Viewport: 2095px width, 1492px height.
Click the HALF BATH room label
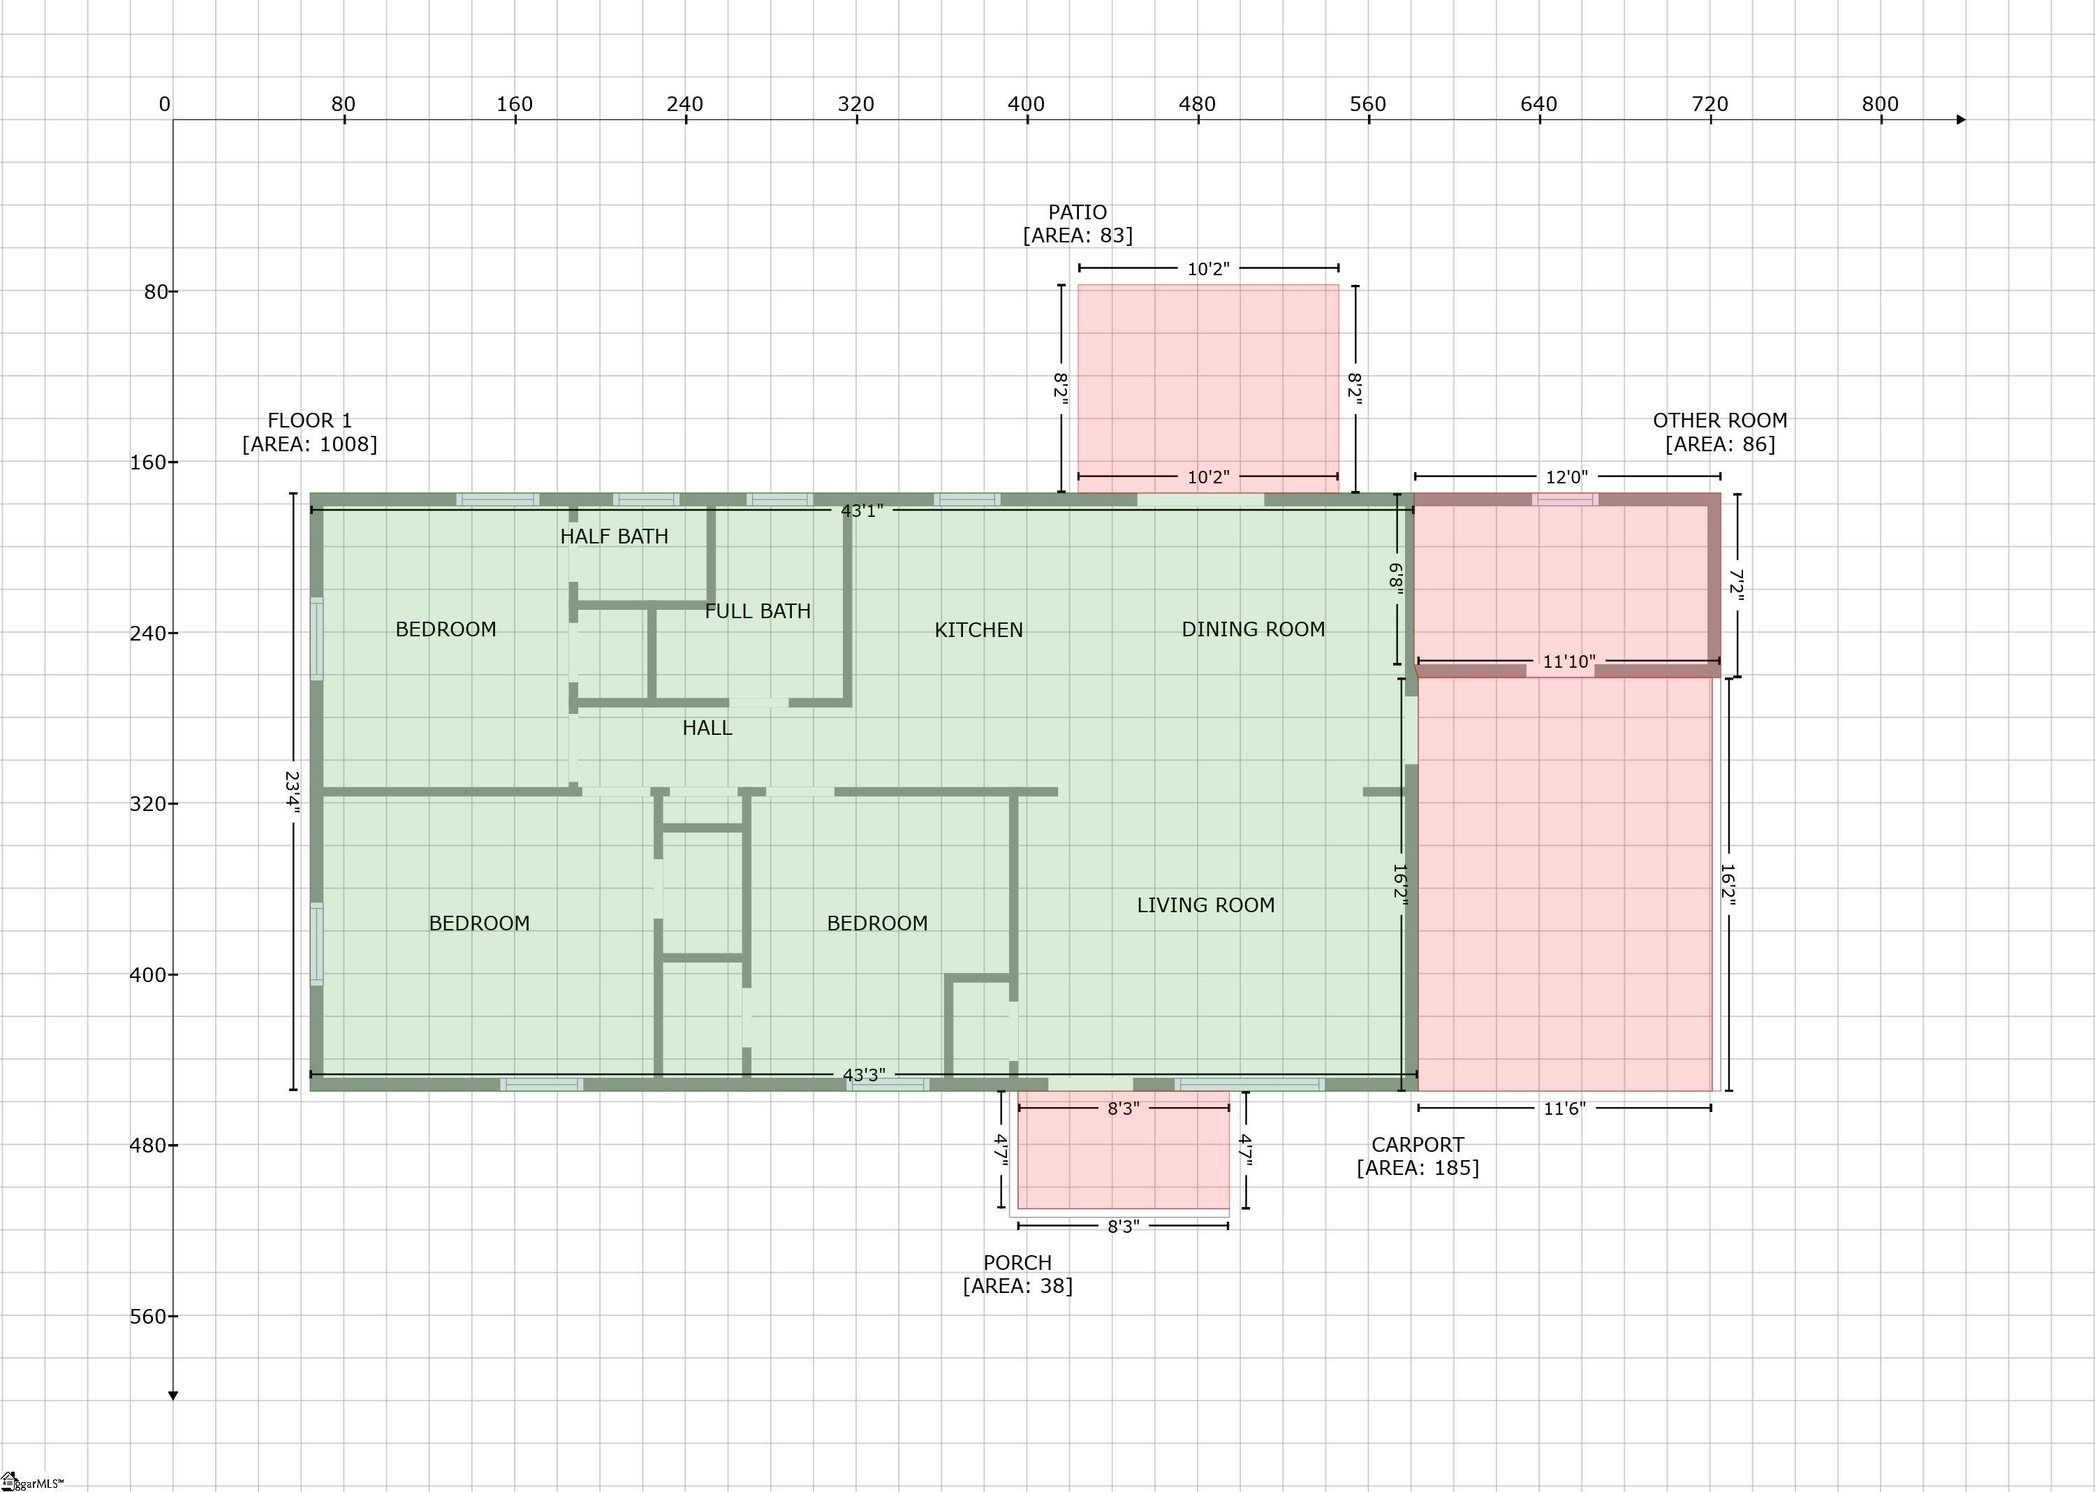tap(615, 536)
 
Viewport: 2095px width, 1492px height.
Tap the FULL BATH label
tap(758, 611)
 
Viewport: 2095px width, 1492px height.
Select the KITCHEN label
tap(978, 630)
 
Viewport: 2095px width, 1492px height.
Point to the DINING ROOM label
tap(1253, 629)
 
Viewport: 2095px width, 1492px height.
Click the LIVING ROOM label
tap(1206, 905)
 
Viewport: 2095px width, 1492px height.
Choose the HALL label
tap(707, 728)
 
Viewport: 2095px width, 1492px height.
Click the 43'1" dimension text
tap(862, 511)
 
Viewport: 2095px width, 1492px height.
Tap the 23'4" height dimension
tap(292, 793)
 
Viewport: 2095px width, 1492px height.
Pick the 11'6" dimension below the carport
tap(1564, 1109)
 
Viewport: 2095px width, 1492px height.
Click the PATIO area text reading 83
tap(1078, 235)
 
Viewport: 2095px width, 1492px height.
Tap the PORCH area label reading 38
tap(1017, 1285)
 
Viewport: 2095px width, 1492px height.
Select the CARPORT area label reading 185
tap(1418, 1168)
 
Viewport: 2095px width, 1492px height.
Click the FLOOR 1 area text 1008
tap(309, 444)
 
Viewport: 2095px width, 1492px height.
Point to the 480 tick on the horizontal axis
tap(1198, 119)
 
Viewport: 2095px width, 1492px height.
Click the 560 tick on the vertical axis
tap(172, 1317)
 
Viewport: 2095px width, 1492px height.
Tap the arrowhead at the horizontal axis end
tap(1961, 119)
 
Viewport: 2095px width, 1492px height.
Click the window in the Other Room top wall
tap(1565, 500)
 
